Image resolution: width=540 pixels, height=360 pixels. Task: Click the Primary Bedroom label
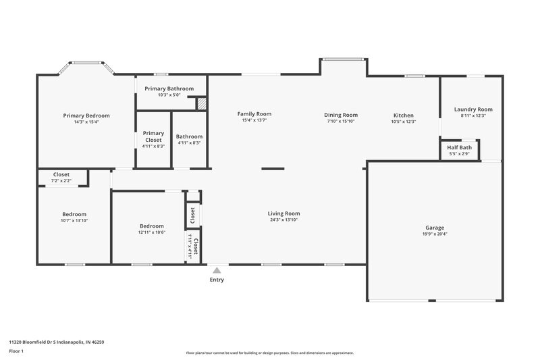(86, 115)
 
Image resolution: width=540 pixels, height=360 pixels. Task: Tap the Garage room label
(435, 228)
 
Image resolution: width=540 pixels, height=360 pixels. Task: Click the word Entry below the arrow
(217, 280)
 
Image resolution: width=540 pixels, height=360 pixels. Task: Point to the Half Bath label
(460, 147)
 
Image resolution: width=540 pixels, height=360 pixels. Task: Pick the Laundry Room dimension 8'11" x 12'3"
(473, 115)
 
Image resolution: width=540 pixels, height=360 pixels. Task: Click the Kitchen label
(404, 115)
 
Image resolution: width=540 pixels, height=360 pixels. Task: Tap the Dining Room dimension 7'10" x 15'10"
(341, 122)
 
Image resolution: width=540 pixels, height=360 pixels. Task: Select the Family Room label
(254, 114)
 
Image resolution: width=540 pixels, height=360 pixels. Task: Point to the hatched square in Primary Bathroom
(201, 103)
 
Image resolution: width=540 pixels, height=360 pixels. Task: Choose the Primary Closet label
(153, 136)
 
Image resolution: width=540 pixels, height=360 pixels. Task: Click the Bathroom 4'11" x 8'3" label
(190, 139)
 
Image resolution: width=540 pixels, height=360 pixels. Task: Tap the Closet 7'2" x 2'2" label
(61, 177)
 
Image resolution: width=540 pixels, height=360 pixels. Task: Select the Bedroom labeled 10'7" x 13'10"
(74, 217)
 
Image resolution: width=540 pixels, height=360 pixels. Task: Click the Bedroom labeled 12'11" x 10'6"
(151, 229)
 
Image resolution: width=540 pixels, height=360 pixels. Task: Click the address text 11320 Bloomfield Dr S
(57, 342)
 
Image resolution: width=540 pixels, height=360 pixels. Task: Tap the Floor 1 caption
(17, 351)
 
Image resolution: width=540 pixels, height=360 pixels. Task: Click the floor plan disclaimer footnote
(269, 353)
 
